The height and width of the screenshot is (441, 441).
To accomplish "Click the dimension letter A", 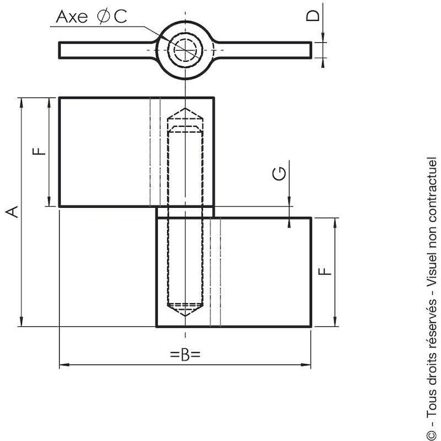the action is [12, 212].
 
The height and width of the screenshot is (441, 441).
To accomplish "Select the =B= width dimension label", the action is [185, 355].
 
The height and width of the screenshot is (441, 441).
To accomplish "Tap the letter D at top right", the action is [313, 16].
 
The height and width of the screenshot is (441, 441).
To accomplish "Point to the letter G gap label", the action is [279, 173].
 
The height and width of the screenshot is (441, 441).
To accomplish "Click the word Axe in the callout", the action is [72, 17].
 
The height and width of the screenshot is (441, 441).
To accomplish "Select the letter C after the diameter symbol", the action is [120, 17].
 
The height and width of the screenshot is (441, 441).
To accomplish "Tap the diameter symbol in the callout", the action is [103, 17].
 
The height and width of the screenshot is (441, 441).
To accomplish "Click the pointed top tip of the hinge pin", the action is [185, 108].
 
